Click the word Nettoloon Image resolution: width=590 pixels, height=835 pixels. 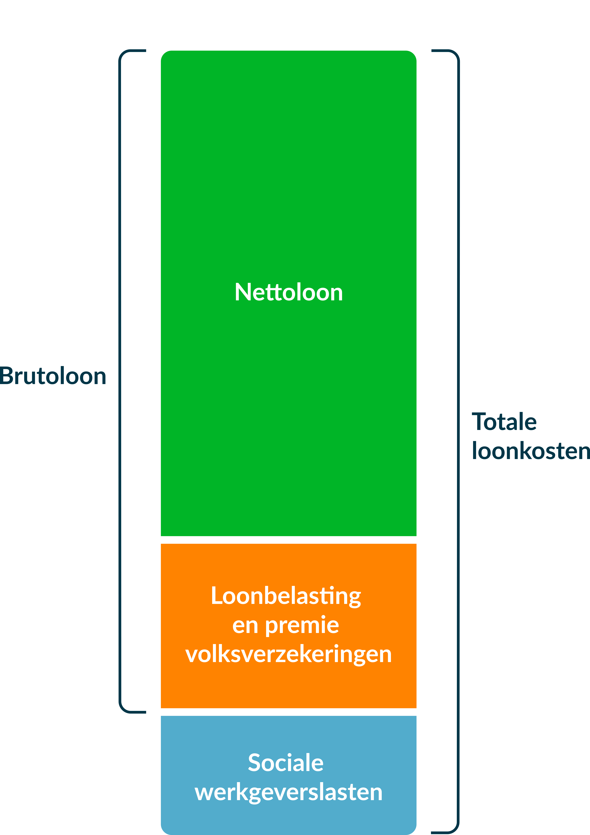click(289, 292)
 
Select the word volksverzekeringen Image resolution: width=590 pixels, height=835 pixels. click(289, 655)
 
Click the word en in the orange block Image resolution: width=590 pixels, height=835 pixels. click(245, 626)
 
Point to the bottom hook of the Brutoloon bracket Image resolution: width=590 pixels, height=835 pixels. click(133, 711)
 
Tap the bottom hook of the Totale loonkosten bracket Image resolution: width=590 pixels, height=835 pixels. click(445, 832)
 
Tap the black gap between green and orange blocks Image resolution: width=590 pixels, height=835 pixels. click(289, 540)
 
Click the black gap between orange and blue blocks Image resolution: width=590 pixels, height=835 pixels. click(289, 712)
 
